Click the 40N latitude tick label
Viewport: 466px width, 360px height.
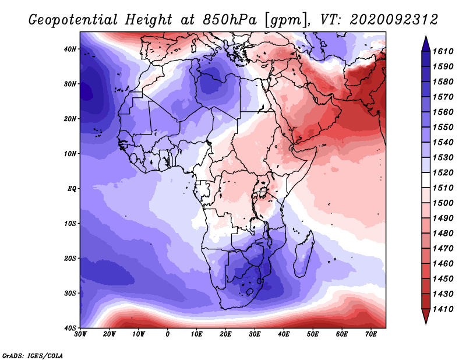(69, 49)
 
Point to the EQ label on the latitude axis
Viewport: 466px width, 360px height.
(72, 189)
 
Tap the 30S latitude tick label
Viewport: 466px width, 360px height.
(69, 294)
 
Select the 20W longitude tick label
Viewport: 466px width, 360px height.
(109, 334)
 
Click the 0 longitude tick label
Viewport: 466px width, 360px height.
(167, 334)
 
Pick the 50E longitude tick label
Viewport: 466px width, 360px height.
(313, 334)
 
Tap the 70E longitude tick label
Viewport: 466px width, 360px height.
(371, 334)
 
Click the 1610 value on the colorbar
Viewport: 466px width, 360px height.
(443, 51)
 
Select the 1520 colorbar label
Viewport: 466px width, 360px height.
(443, 172)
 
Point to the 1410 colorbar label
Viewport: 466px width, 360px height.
(443, 309)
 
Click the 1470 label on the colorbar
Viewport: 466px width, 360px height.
(443, 248)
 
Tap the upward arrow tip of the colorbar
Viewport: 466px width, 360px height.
(426, 37)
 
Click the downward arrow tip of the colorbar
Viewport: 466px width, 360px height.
(426, 323)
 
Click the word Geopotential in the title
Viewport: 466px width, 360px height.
(73, 20)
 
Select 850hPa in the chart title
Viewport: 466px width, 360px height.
(230, 20)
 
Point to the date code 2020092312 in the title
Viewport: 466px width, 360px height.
(394, 20)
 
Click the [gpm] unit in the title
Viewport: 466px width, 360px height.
(287, 20)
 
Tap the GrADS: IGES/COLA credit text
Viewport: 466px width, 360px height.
(33, 356)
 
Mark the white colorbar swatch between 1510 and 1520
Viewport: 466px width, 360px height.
(426, 180)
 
